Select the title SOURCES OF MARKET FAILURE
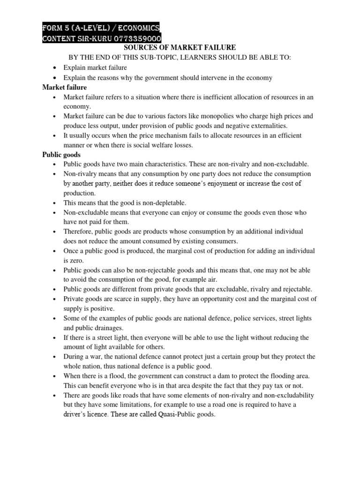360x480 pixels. click(180, 48)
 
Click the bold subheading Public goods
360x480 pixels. click(61, 154)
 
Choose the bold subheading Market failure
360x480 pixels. click(65, 87)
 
